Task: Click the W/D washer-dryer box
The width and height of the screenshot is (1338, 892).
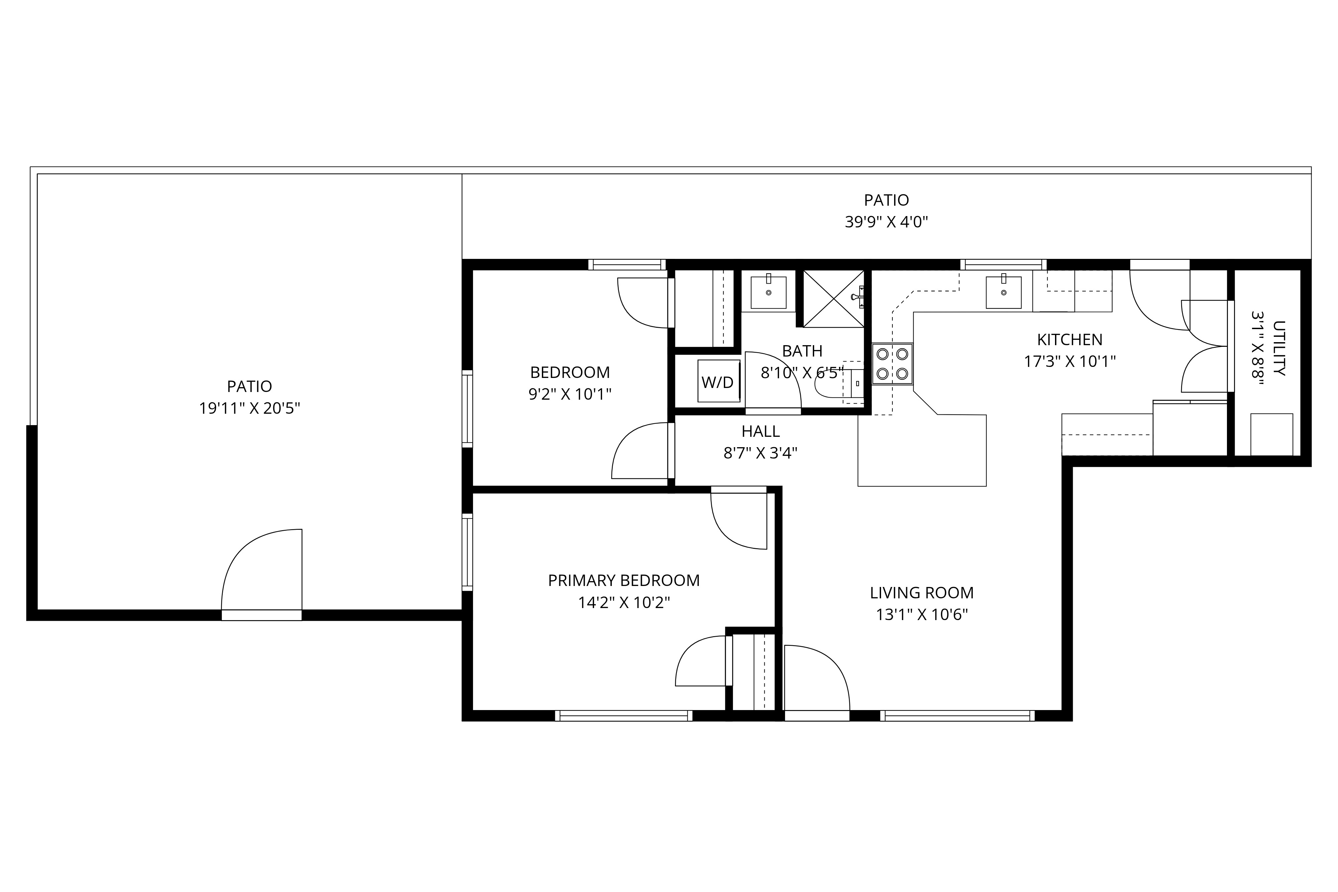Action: pyautogui.click(x=719, y=381)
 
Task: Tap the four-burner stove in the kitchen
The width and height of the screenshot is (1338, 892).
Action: pyautogui.click(x=892, y=364)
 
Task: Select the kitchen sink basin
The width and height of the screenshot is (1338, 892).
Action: pyautogui.click(x=1004, y=292)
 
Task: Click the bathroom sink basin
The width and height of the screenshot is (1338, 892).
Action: pyautogui.click(x=769, y=292)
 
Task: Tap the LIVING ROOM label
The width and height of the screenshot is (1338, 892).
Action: pyautogui.click(x=922, y=593)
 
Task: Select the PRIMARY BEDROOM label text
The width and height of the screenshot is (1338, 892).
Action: pyautogui.click(x=624, y=580)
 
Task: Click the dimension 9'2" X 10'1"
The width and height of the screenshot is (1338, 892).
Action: pyautogui.click(x=570, y=394)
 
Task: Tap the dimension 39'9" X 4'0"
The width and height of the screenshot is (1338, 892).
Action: pyautogui.click(x=886, y=222)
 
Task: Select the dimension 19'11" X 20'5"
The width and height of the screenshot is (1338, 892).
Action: pyautogui.click(x=249, y=408)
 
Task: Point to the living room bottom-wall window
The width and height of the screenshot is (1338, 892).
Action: pyautogui.click(x=957, y=716)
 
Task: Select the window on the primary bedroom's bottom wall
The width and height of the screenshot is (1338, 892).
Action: pyautogui.click(x=624, y=716)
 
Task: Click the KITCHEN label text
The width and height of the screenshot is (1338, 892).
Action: pyautogui.click(x=1069, y=339)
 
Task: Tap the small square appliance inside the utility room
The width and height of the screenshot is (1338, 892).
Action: pyautogui.click(x=1271, y=434)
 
